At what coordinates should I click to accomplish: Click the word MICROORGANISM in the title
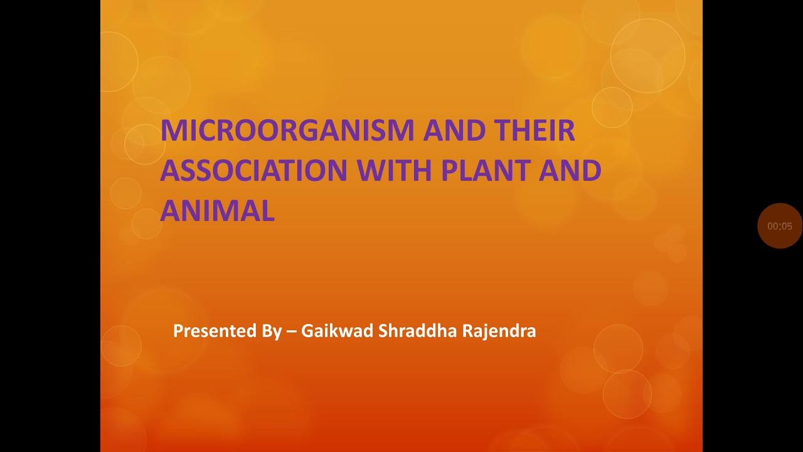[x=287, y=131]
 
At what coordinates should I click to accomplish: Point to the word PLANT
[x=486, y=171]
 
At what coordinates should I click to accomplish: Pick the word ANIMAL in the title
[x=217, y=211]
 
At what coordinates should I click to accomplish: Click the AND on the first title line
[x=454, y=131]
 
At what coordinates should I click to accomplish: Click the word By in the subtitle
[x=272, y=331]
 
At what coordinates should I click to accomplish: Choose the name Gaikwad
[x=337, y=331]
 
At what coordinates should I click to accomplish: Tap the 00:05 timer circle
[x=780, y=226]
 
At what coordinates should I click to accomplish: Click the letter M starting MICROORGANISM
[x=173, y=131]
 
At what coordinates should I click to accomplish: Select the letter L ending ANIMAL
[x=268, y=211]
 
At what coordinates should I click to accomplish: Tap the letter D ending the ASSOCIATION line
[x=592, y=171]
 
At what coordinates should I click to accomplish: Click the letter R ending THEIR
[x=566, y=131]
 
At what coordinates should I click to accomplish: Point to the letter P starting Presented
[x=178, y=331]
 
